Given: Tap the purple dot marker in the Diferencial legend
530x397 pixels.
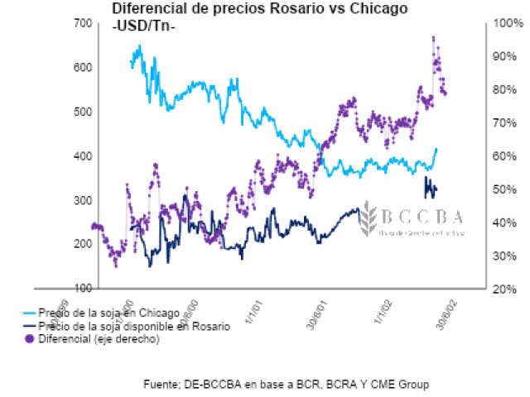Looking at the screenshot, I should (x=30, y=338).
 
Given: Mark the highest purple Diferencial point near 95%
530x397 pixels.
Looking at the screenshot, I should (x=433, y=37).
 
